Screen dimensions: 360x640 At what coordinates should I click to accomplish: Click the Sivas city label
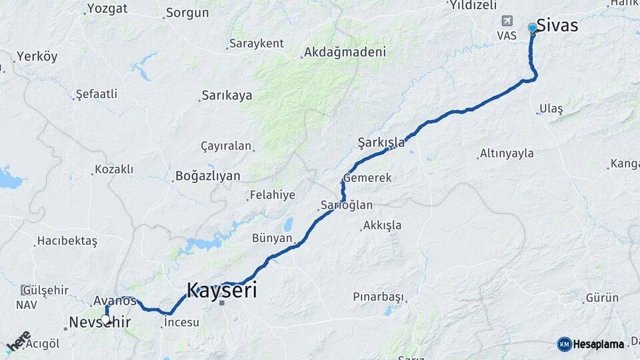click(x=557, y=26)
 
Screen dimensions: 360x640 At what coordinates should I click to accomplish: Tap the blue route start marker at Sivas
click(x=532, y=27)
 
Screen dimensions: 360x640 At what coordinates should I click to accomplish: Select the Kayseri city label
click(x=221, y=290)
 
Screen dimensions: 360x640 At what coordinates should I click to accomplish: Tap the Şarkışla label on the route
click(x=381, y=143)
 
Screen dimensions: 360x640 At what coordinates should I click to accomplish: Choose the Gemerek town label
click(x=367, y=178)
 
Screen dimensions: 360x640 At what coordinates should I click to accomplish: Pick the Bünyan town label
click(x=272, y=238)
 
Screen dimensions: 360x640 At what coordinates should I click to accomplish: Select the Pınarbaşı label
click(x=379, y=296)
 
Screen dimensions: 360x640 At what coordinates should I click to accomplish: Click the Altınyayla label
click(x=507, y=153)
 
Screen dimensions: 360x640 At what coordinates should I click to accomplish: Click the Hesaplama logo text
click(x=598, y=344)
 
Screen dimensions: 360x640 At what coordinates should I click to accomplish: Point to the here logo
click(x=18, y=341)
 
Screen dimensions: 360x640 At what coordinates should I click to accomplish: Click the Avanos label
click(x=115, y=301)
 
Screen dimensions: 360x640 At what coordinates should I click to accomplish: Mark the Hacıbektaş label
click(x=67, y=241)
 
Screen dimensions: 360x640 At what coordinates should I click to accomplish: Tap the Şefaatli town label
click(x=97, y=95)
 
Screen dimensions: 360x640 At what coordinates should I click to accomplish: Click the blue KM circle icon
click(x=564, y=344)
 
